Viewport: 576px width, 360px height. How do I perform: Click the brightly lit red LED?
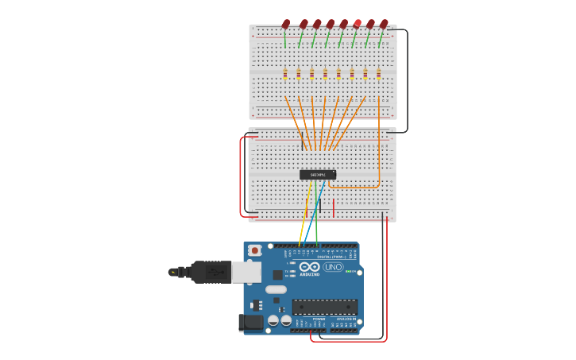358,23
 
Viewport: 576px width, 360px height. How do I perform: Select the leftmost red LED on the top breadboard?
286,24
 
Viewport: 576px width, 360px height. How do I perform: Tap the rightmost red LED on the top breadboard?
385,24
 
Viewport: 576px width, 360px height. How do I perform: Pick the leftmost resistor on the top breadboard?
285,74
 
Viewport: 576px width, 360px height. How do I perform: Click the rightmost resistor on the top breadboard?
379,74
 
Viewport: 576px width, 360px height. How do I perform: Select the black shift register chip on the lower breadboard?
317,175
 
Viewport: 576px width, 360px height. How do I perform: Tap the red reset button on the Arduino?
254,250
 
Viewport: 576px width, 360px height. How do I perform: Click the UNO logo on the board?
334,267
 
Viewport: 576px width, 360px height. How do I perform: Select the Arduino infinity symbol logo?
310,267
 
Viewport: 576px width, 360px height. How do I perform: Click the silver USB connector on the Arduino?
245,272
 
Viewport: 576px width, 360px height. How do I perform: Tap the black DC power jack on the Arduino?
250,322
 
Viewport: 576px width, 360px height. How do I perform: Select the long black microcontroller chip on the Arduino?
324,307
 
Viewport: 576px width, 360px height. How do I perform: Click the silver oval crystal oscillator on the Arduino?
276,289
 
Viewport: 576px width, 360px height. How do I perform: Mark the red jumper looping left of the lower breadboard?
241,176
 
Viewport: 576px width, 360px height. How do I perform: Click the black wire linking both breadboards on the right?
407,79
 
